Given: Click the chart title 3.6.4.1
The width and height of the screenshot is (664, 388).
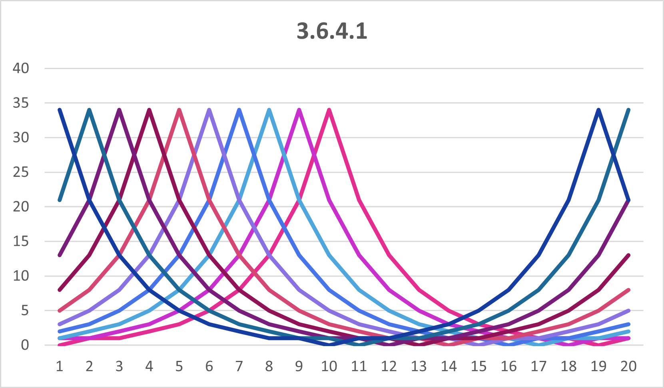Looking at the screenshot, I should [x=332, y=31].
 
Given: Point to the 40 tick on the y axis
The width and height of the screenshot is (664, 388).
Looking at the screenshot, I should [x=21, y=68].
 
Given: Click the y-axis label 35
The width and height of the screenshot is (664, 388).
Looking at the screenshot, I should [x=21, y=103].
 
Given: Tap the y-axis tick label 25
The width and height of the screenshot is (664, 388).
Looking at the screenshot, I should [x=21, y=172].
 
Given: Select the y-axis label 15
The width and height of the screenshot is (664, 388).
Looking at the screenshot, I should [x=21, y=241].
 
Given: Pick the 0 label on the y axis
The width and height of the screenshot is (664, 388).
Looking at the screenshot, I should [x=25, y=345].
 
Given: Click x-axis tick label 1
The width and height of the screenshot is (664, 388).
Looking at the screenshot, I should [x=60, y=366].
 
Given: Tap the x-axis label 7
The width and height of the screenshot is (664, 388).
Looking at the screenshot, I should [x=239, y=366].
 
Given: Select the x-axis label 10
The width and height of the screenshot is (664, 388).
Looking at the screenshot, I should [x=329, y=366].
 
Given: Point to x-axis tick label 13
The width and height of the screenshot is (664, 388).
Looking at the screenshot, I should [x=419, y=366].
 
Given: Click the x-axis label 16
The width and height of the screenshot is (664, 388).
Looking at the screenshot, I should [x=508, y=366].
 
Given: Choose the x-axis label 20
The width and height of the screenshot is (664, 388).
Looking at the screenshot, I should [x=628, y=366].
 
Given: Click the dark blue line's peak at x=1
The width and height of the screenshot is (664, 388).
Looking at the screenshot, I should [x=60, y=110].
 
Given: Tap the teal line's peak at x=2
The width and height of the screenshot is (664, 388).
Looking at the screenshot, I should [x=90, y=110].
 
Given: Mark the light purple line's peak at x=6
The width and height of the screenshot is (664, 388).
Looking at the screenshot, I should [x=209, y=110].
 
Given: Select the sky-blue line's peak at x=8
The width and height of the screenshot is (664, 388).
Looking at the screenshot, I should [x=269, y=110].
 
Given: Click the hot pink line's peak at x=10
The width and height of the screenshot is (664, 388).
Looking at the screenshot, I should [x=329, y=110].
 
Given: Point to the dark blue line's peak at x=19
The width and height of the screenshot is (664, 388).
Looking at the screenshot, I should [x=598, y=110].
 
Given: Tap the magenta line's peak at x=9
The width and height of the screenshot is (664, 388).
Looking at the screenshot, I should [x=299, y=110].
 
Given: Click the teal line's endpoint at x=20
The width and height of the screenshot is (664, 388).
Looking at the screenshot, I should [x=628, y=110].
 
